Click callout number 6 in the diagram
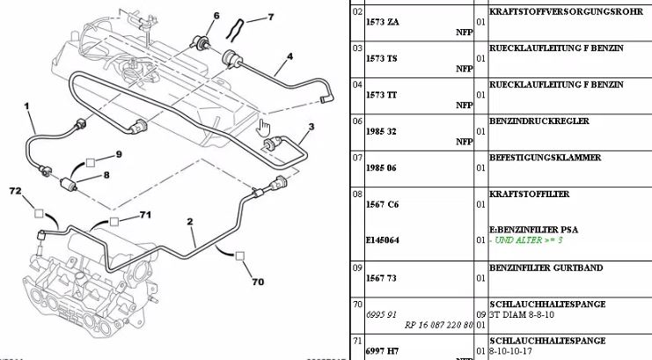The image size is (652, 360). click(216, 17)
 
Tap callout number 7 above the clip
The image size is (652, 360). click(270, 16)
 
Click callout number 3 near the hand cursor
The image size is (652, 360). click(311, 126)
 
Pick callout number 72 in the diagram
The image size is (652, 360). click(15, 190)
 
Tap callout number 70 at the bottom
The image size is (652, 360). click(258, 283)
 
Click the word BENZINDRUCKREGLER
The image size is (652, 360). click(538, 121)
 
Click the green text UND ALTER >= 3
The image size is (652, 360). click(528, 239)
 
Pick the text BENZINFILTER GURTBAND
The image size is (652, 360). click(547, 267)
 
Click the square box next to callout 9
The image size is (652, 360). click(90, 163)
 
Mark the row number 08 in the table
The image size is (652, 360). click(357, 194)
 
